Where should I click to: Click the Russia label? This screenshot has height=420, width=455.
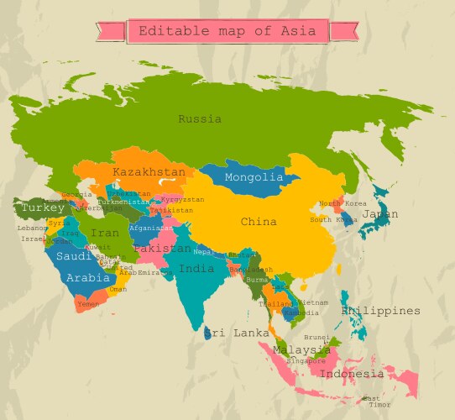pyautogui.click(x=200, y=119)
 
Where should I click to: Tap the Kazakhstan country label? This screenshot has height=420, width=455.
pyautogui.click(x=149, y=172)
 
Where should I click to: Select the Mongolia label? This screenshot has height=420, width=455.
pyautogui.click(x=254, y=177)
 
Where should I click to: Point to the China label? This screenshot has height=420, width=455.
pyautogui.click(x=259, y=223)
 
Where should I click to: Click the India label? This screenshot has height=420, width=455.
pyautogui.click(x=196, y=269)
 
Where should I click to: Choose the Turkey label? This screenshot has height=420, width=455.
pyautogui.click(x=43, y=207)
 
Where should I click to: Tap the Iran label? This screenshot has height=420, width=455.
pyautogui.click(x=105, y=233)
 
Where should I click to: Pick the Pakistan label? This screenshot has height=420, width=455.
pyautogui.click(x=162, y=249)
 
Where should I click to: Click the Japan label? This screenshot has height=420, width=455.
pyautogui.click(x=380, y=214)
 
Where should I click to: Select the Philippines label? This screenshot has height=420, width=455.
pyautogui.click(x=380, y=311)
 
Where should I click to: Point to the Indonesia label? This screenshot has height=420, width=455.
pyautogui.click(x=352, y=374)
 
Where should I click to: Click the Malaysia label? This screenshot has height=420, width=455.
pyautogui.click(x=301, y=350)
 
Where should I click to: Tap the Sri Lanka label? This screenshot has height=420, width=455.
pyautogui.click(x=237, y=333)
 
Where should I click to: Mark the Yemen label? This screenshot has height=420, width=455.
pyautogui.click(x=87, y=303)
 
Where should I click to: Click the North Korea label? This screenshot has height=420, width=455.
pyautogui.click(x=343, y=203)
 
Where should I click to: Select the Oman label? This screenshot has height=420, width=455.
pyautogui.click(x=118, y=288)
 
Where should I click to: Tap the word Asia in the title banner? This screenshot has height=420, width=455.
pyautogui.click(x=300, y=32)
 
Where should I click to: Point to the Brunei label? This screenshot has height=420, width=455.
pyautogui.click(x=316, y=337)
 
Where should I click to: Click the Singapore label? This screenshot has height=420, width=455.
pyautogui.click(x=306, y=360)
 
